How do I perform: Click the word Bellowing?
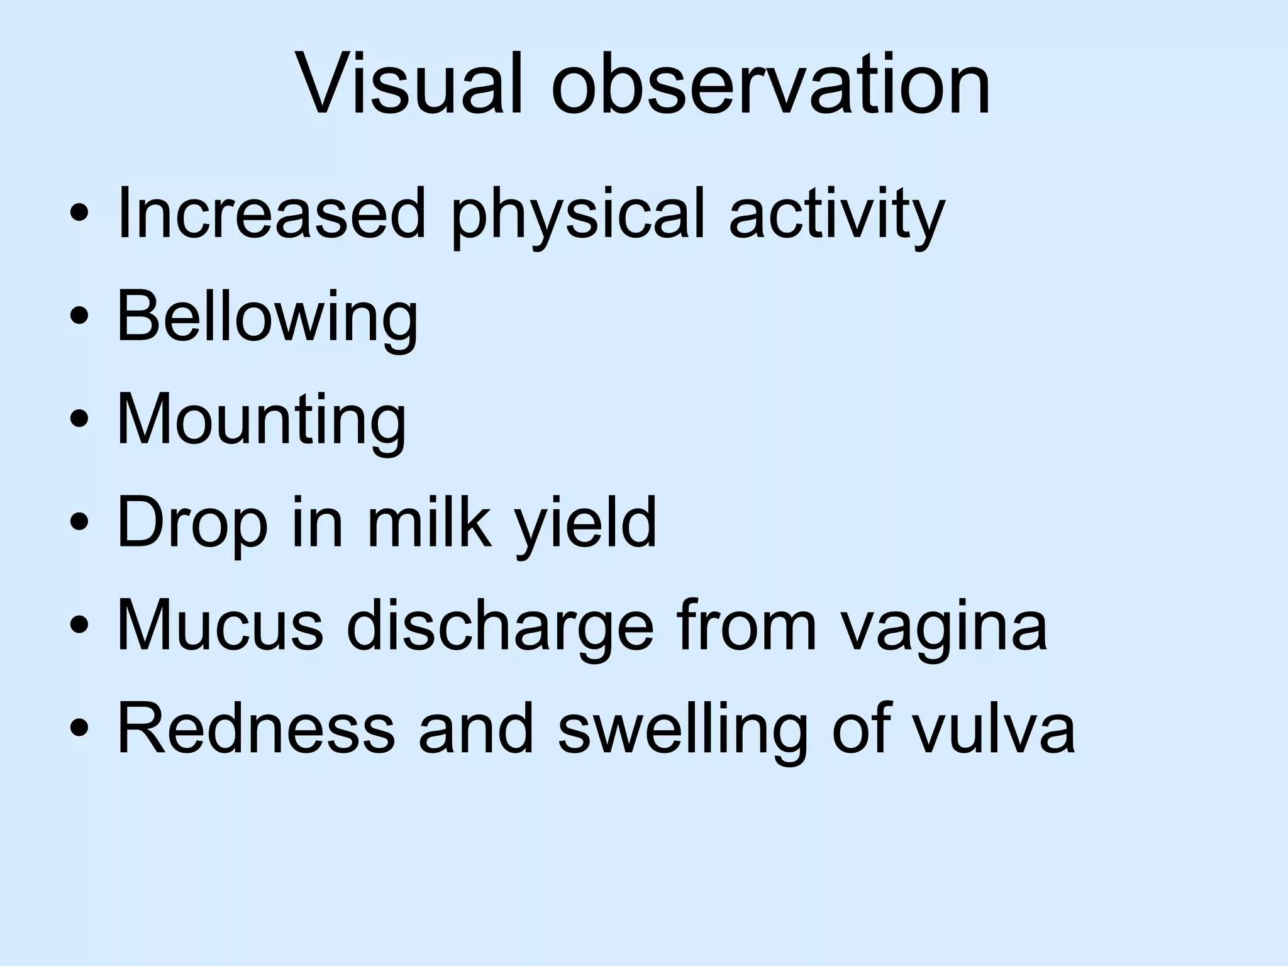point(268,318)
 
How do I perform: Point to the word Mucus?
point(219,626)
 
